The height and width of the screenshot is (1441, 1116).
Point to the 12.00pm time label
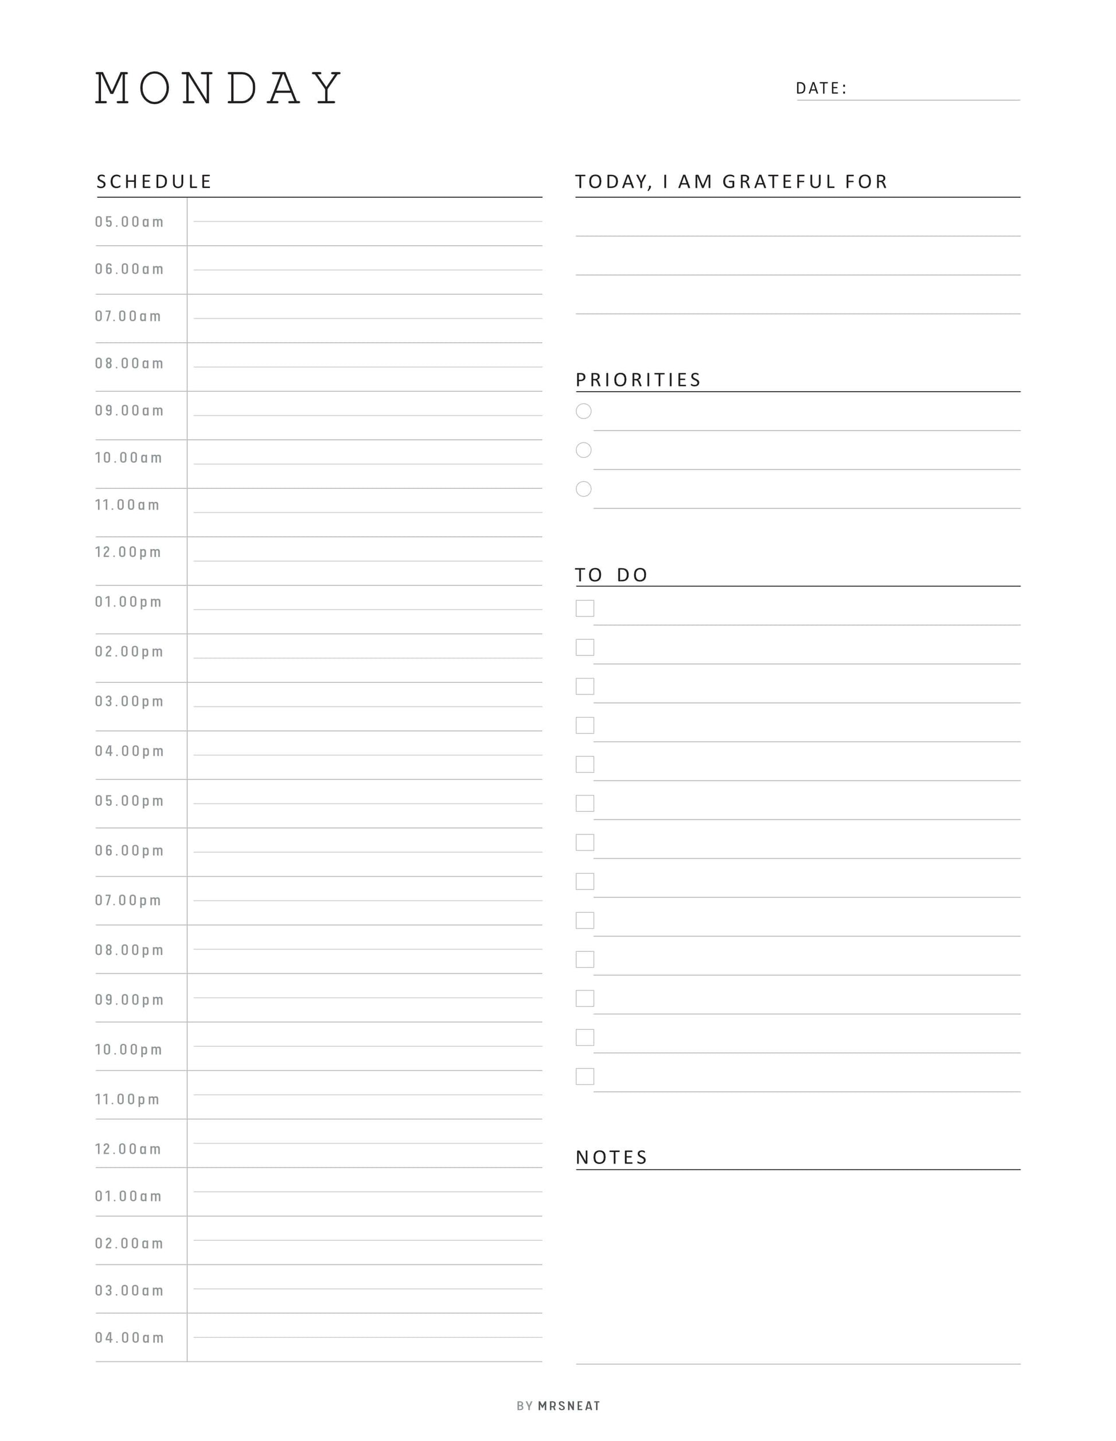pyautogui.click(x=128, y=552)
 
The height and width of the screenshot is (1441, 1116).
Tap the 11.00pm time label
pyautogui.click(x=127, y=1099)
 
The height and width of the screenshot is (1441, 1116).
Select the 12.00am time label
pyautogui.click(x=128, y=1149)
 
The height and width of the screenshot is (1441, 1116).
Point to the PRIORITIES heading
pyautogui.click(x=638, y=380)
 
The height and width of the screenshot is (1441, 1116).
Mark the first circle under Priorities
pyautogui.click(x=583, y=411)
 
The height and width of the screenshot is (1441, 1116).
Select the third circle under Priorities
pyautogui.click(x=583, y=489)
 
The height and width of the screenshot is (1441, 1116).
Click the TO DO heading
pyautogui.click(x=611, y=575)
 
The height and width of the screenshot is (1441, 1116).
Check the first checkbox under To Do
pyautogui.click(x=585, y=608)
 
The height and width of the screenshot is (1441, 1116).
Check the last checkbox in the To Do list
pyautogui.click(x=585, y=1076)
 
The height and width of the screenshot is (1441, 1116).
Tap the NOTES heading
pyautogui.click(x=612, y=1157)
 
